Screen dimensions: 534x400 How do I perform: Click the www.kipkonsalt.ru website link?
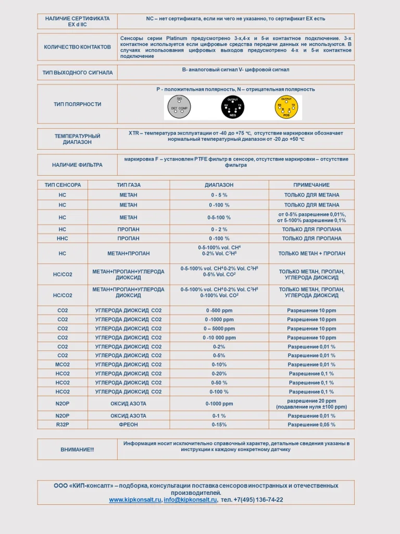(135, 500)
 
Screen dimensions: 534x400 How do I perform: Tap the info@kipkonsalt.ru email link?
(190, 500)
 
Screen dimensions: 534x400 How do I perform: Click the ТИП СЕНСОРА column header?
(63, 185)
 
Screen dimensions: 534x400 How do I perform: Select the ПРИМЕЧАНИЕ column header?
(311, 185)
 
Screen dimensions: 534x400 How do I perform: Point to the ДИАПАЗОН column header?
(219, 185)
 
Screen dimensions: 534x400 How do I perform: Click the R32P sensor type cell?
(63, 425)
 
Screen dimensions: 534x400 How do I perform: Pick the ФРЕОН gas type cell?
(128, 425)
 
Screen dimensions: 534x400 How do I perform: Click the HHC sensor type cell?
(63, 238)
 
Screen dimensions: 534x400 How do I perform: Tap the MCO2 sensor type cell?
(63, 365)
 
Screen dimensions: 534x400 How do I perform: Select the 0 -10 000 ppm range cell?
(219, 338)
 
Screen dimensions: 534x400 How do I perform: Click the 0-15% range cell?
(219, 425)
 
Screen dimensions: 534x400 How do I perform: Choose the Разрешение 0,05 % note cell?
(311, 425)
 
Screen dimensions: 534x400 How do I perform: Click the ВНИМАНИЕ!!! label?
(77, 450)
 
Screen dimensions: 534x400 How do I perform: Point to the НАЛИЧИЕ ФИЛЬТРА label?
(77, 165)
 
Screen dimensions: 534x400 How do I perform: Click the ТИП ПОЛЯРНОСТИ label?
(77, 104)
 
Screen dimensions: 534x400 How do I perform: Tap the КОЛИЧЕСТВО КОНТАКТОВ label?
(77, 47)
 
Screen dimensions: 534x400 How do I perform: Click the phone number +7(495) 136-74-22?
(252, 500)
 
